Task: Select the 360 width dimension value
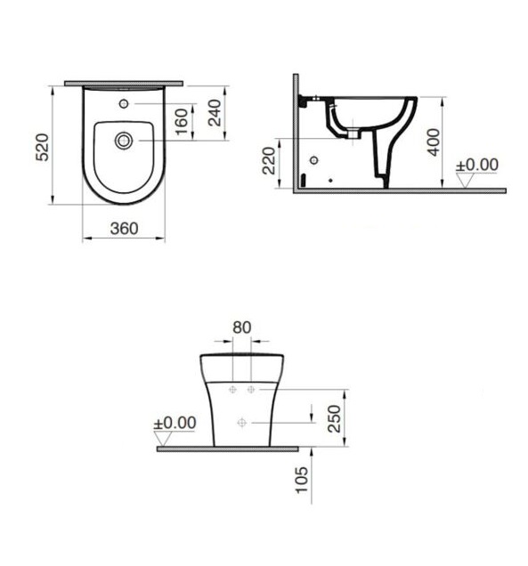[124, 228]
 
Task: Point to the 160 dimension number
[181, 122]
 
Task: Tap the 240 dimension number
[215, 111]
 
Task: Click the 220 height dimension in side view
[268, 161]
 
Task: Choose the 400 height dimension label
[433, 139]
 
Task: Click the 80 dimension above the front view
[241, 326]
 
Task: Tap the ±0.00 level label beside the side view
[477, 166]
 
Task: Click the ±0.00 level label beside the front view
[175, 422]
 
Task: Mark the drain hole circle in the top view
[124, 140]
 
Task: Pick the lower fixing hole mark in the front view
[241, 422]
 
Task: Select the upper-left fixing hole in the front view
[232, 390]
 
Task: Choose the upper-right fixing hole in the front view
[251, 390]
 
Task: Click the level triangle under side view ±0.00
[464, 180]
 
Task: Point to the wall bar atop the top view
[124, 83]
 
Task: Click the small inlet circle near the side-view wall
[313, 160]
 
